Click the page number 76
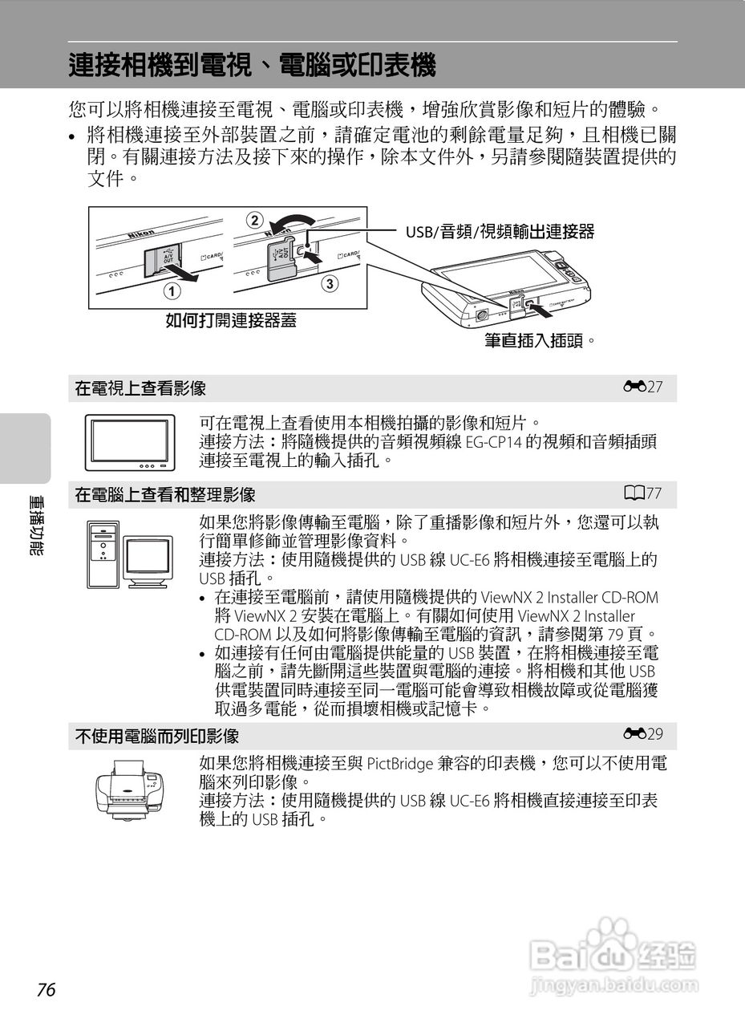(47, 990)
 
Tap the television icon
(130, 442)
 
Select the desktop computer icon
(130, 554)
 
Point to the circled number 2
(254, 219)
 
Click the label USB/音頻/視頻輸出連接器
(500, 232)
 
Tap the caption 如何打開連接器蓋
(230, 321)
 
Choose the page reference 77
(647, 493)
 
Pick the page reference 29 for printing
(647, 734)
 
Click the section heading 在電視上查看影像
(140, 389)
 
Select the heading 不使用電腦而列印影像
(157, 736)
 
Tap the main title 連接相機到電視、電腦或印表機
(252, 65)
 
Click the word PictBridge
(402, 763)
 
